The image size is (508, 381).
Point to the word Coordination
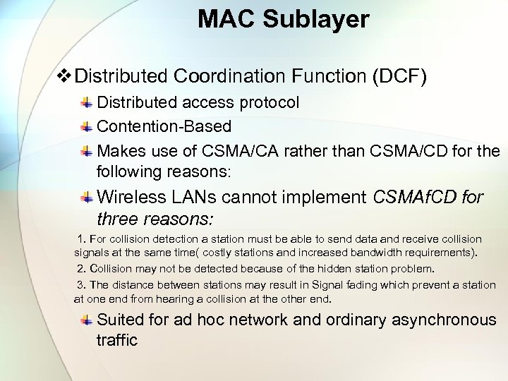tap(229, 75)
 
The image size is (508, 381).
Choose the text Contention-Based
tap(164, 127)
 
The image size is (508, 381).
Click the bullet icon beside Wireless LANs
tap(85, 197)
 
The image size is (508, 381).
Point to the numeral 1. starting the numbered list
tap(83, 239)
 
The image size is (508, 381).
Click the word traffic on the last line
tap(116, 340)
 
